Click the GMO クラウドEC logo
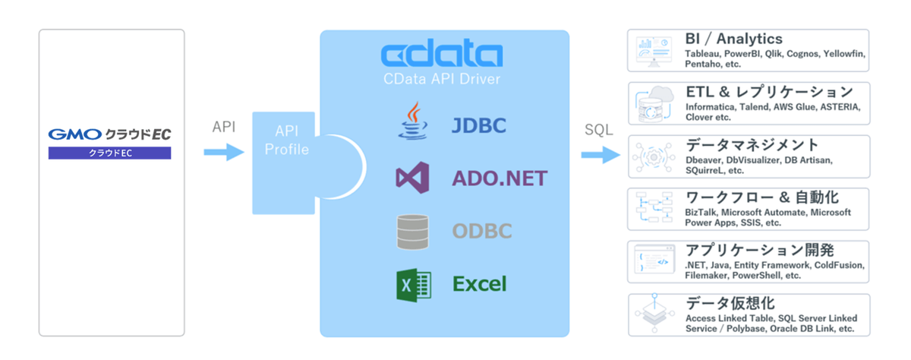pyautogui.click(x=109, y=134)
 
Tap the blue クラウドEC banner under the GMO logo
pyautogui.click(x=109, y=153)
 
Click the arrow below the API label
pyautogui.click(x=224, y=153)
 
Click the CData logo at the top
pyautogui.click(x=441, y=55)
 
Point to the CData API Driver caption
pyautogui.click(x=441, y=78)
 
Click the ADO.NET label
pyautogui.click(x=500, y=179)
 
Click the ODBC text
pyautogui.click(x=482, y=232)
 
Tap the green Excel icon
pyautogui.click(x=413, y=285)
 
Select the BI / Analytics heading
pyautogui.click(x=733, y=39)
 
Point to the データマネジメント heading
pyautogui.click(x=752, y=144)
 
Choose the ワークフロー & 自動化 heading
pyautogui.click(x=761, y=197)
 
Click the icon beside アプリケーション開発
pyautogui.click(x=654, y=260)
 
